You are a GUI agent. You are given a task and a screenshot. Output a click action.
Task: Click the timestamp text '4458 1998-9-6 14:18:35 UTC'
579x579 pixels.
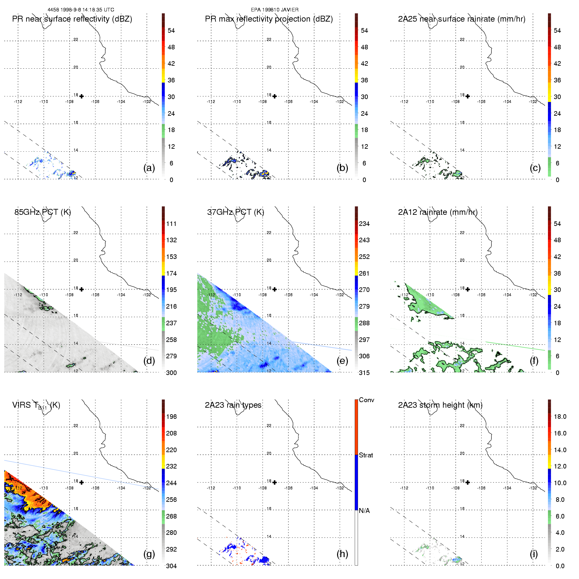click(81, 10)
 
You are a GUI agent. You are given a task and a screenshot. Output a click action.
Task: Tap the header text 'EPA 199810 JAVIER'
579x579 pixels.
click(275, 10)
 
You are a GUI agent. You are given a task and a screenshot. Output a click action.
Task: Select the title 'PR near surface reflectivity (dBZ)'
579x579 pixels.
click(72, 19)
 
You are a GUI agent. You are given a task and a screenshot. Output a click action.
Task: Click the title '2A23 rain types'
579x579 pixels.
click(233, 405)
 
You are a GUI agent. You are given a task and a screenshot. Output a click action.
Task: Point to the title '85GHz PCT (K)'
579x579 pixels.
click(43, 212)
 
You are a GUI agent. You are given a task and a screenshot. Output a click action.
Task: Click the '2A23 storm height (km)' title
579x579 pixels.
click(440, 405)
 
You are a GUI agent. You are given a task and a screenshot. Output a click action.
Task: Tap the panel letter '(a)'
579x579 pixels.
click(149, 168)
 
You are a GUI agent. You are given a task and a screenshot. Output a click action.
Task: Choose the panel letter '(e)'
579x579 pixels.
click(342, 361)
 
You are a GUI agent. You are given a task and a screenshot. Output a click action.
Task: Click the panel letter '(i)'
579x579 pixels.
click(534, 554)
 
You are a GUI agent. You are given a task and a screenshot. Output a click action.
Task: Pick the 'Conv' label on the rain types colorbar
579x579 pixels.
click(366, 400)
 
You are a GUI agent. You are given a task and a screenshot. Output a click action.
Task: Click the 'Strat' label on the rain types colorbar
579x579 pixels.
click(366, 455)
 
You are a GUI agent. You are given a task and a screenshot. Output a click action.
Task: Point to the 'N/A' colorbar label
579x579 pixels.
click(364, 511)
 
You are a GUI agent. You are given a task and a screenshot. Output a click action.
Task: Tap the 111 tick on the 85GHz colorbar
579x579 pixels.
click(171, 224)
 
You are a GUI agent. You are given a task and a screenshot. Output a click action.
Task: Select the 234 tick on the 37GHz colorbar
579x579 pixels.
click(364, 224)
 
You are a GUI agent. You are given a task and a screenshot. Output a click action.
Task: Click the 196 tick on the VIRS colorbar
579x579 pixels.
click(171, 417)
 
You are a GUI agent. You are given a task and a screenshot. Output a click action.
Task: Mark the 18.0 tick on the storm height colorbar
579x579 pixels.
click(560, 417)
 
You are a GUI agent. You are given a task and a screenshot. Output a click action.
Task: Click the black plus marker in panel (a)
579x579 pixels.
click(81, 96)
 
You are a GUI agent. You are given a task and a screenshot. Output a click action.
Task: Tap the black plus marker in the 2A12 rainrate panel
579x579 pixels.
click(468, 289)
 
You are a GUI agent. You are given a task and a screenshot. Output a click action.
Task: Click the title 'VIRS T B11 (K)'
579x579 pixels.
click(36, 405)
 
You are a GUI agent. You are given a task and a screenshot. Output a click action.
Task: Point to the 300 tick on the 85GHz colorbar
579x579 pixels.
click(171, 373)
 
